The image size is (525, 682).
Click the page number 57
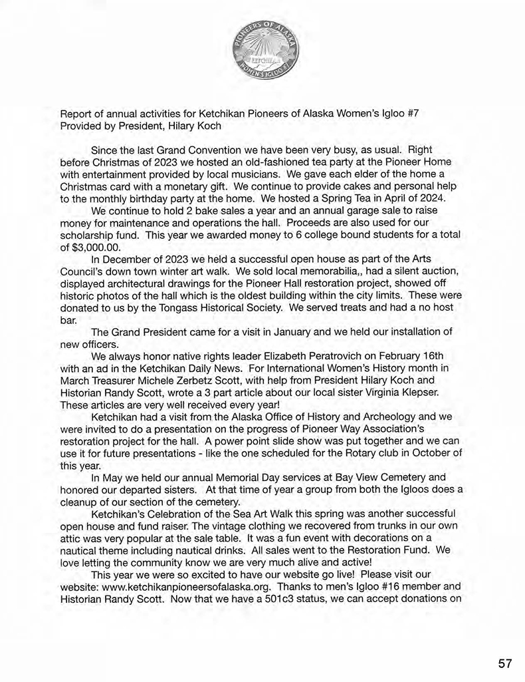(x=505, y=663)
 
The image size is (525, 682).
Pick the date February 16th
(x=399, y=356)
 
